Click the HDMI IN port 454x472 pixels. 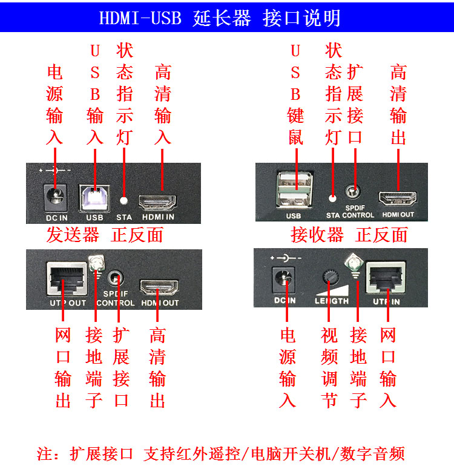157,202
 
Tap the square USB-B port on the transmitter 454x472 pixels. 94,197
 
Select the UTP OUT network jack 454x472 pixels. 67,279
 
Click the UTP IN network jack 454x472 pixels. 386,277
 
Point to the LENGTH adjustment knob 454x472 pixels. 331,277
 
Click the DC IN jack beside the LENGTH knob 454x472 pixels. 283,280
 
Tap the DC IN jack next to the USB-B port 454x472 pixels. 56,197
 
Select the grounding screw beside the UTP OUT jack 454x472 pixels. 97,263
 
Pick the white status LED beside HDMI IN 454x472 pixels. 123,200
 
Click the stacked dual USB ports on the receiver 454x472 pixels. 294,189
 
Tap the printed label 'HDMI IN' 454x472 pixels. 158,217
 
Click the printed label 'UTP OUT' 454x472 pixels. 68,303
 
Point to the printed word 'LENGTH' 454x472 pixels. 332,301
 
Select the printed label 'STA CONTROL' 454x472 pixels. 350,215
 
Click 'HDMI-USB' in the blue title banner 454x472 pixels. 140,18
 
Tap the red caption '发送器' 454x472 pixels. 73,235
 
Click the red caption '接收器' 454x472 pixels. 317,235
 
